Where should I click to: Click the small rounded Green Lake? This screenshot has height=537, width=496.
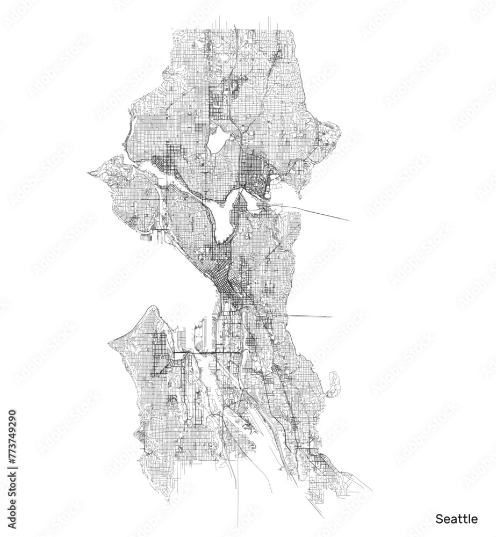point(218,141)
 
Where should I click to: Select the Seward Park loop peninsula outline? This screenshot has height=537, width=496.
point(334,383)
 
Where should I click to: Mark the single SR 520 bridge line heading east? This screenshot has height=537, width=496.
point(317,213)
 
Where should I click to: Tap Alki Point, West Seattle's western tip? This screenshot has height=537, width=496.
point(111,342)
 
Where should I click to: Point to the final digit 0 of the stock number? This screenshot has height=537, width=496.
point(12,414)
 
